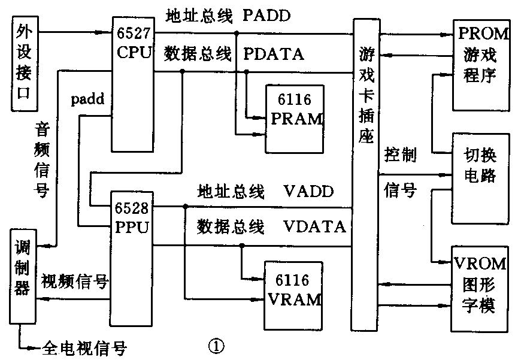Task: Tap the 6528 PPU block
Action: coord(131,258)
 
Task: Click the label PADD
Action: coord(266,16)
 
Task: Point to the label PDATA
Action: coord(274,55)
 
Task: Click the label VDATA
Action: coord(314,227)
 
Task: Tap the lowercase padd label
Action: coord(87,99)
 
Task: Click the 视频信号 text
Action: coord(74,280)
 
